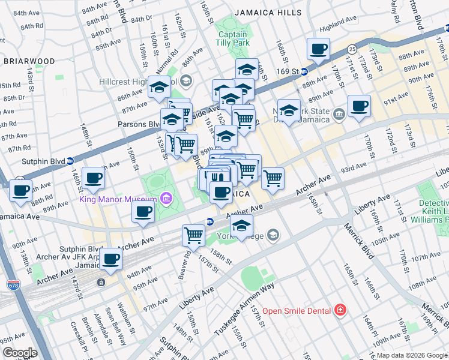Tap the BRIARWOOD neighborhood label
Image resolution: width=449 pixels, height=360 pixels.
[x=29, y=61]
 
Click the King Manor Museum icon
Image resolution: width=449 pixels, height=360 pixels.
[x=166, y=198]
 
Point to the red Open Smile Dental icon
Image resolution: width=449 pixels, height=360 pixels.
[x=340, y=310]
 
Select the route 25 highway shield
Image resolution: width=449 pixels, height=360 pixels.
[x=352, y=48]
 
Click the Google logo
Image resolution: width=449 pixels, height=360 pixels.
[x=19, y=353]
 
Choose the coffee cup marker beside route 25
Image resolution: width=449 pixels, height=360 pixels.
[x=318, y=49]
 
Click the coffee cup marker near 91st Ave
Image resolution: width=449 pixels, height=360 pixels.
[x=360, y=106]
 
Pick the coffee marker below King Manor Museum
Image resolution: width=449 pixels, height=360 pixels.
[x=143, y=212]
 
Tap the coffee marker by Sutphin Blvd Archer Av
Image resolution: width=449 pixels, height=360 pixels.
[x=110, y=259]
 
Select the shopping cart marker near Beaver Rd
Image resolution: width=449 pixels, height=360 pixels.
[x=193, y=234]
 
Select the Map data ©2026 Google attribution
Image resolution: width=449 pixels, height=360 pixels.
[x=412, y=355]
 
